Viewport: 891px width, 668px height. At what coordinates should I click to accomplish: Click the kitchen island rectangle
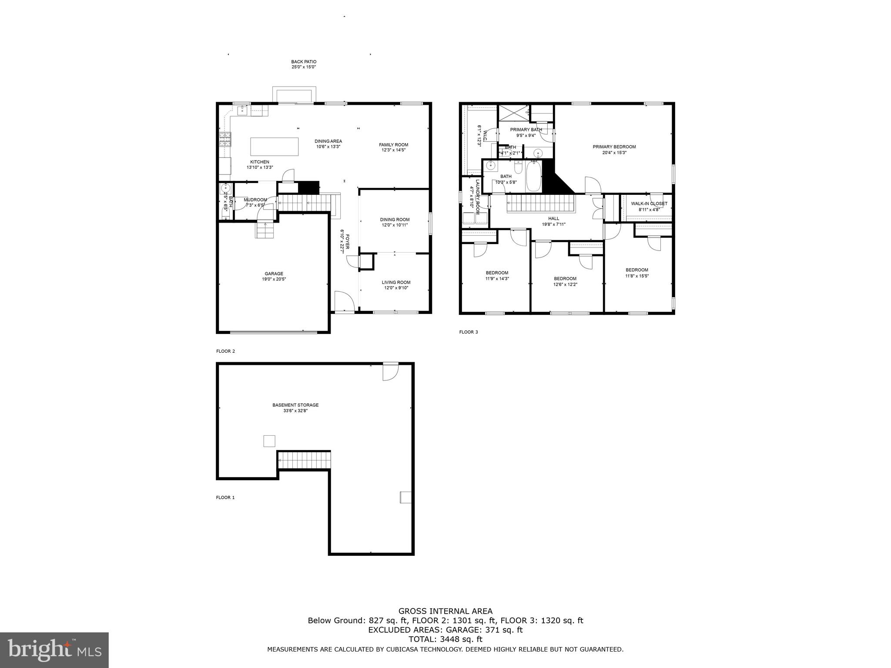click(274, 147)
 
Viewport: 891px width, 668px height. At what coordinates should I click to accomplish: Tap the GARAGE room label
click(274, 274)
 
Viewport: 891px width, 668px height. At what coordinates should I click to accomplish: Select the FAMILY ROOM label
click(393, 145)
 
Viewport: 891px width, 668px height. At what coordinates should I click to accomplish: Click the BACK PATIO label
click(304, 62)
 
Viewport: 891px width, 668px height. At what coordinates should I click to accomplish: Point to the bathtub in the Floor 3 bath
click(534, 177)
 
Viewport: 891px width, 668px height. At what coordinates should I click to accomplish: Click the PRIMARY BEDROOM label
click(614, 147)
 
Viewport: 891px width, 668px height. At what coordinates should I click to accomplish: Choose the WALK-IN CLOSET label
click(649, 204)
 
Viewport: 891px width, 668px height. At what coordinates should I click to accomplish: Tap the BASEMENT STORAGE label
click(295, 405)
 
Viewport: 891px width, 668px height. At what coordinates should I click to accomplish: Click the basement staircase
click(304, 460)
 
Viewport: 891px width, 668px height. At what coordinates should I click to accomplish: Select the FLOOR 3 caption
click(468, 332)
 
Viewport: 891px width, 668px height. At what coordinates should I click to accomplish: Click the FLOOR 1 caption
click(225, 498)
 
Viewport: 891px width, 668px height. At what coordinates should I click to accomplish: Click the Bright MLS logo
click(54, 649)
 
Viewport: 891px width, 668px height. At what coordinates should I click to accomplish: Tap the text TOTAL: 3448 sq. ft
click(445, 639)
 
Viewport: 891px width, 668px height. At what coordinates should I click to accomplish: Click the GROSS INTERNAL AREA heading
click(445, 611)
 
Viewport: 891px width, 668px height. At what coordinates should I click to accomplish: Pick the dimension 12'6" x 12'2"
click(565, 284)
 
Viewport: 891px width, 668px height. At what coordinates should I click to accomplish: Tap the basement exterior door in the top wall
click(390, 371)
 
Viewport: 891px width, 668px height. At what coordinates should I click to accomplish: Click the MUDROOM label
click(255, 200)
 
